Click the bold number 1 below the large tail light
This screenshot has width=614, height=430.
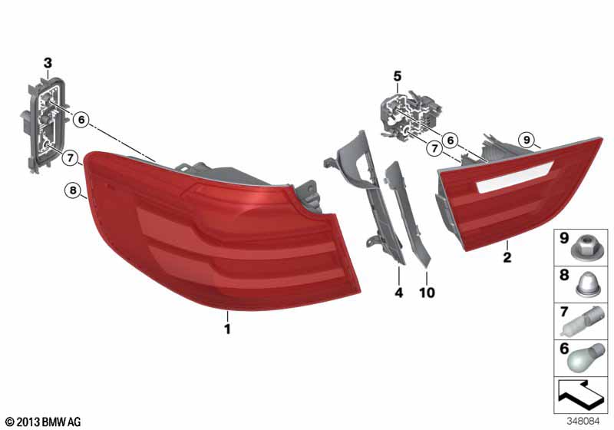(x=227, y=329)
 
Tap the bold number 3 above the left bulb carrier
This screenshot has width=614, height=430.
(x=48, y=62)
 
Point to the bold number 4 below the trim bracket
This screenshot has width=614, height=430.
(x=399, y=293)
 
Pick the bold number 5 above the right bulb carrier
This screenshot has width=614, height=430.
(x=398, y=75)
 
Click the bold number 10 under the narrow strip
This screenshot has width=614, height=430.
(x=427, y=293)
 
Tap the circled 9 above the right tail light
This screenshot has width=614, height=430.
(x=525, y=139)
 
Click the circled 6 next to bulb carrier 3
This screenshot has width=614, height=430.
(x=81, y=119)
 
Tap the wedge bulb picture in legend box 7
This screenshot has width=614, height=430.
(x=586, y=322)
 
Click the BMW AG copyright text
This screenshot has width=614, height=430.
(x=42, y=422)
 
